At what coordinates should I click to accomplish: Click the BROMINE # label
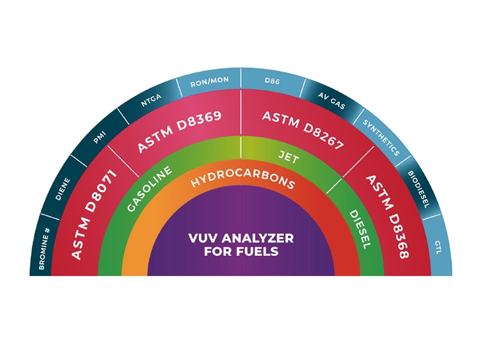click(x=44, y=248)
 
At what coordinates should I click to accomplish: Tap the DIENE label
click(x=62, y=190)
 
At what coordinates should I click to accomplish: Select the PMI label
click(x=100, y=137)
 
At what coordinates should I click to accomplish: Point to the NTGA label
click(x=151, y=100)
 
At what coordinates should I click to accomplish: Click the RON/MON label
click(x=209, y=82)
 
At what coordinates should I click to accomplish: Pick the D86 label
click(x=272, y=81)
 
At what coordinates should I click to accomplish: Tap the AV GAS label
click(x=332, y=100)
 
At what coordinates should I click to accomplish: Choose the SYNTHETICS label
click(x=382, y=137)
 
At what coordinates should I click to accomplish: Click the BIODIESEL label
click(x=418, y=189)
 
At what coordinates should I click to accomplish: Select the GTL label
click(x=438, y=247)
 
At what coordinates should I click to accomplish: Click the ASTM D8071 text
click(x=94, y=215)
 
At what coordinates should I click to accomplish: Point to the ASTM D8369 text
click(x=179, y=131)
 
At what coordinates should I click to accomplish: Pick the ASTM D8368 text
click(x=388, y=217)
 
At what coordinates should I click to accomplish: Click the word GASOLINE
click(x=149, y=189)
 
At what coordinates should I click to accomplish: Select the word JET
click(x=289, y=157)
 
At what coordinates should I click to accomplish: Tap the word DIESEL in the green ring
click(x=360, y=229)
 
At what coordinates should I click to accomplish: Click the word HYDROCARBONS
click(x=243, y=181)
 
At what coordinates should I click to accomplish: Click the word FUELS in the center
click(x=257, y=251)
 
